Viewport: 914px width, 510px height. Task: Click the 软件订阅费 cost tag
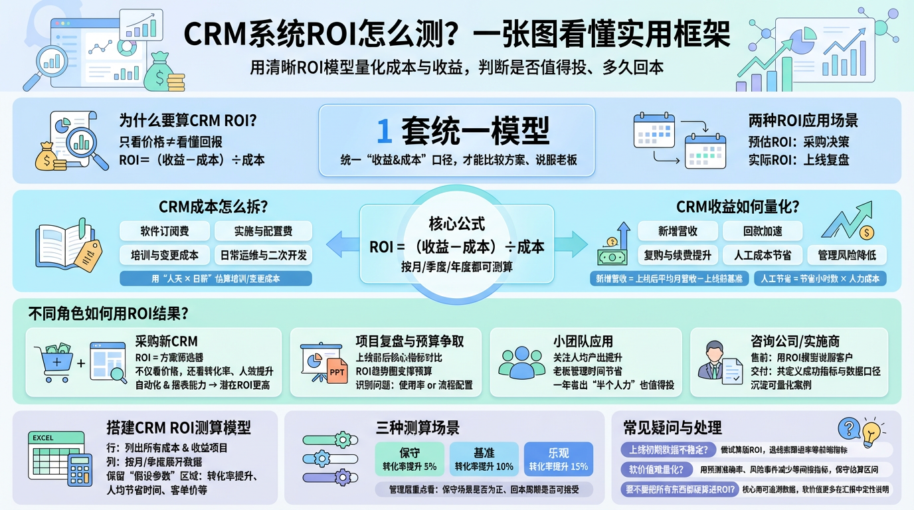(x=164, y=231)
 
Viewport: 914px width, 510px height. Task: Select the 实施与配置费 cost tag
(x=263, y=231)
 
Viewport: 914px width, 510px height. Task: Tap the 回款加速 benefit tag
(x=762, y=231)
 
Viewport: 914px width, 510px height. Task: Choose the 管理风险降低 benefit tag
(x=848, y=255)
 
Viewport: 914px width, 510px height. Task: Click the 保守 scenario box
(x=409, y=459)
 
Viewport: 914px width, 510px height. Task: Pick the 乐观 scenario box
(x=558, y=459)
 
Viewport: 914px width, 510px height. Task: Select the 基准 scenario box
(x=484, y=459)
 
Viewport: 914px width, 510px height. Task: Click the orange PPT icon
(x=337, y=373)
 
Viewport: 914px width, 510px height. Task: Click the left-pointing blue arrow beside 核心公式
(x=341, y=244)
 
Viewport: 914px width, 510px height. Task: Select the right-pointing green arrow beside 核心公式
(x=571, y=244)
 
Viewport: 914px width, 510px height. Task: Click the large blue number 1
(x=384, y=131)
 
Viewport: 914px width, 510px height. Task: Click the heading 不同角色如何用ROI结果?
(x=108, y=313)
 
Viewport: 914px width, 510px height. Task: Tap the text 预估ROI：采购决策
(x=798, y=141)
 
